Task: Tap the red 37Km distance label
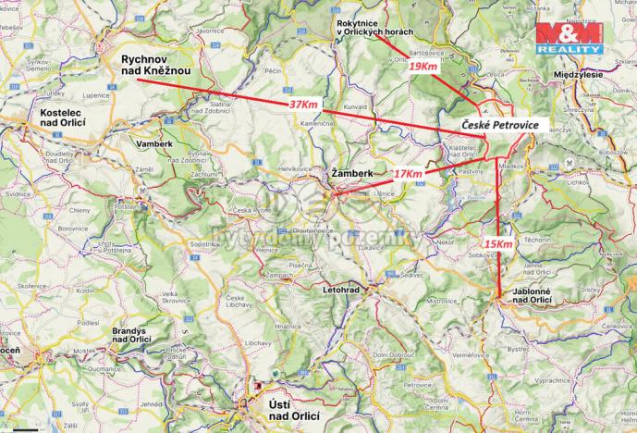pyautogui.click(x=303, y=105)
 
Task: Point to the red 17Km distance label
pyautogui.click(x=407, y=173)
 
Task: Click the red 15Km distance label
pyautogui.click(x=497, y=242)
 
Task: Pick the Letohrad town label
pyautogui.click(x=344, y=290)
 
